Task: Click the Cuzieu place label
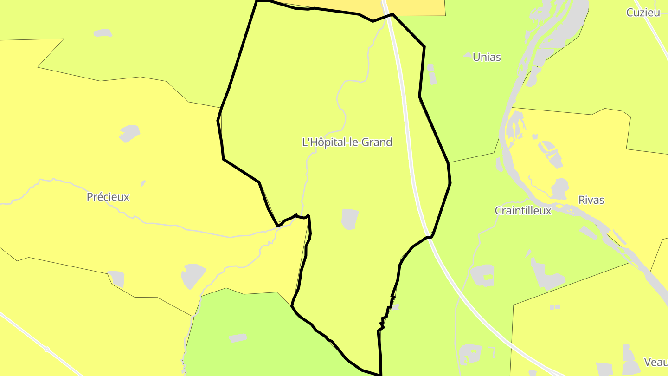coord(643,13)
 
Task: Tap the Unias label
coord(487,57)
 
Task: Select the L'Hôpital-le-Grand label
coord(347,142)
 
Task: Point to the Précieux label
coord(108,197)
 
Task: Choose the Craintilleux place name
coord(523,210)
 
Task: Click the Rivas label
coord(591,200)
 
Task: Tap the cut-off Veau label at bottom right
coord(656,362)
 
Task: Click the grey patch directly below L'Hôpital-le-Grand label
coord(350,219)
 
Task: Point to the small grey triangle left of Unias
coord(468,55)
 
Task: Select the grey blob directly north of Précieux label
coord(129,133)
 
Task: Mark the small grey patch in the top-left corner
coord(103,33)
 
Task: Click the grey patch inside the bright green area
coord(238,338)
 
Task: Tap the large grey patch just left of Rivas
coord(560,188)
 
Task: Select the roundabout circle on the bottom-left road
coord(46,349)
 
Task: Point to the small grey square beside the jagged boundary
coord(395,307)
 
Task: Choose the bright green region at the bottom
coord(260,334)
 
